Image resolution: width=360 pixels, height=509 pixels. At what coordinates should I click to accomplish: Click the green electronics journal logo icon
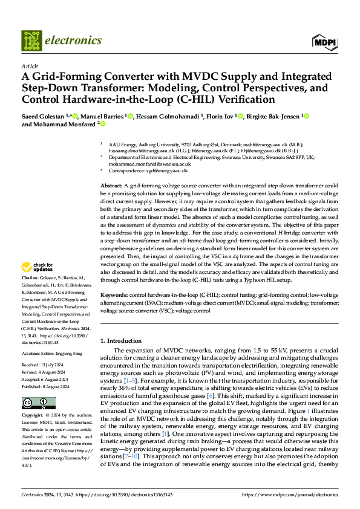tap(31, 41)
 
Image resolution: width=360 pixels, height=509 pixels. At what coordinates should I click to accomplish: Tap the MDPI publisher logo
tap(324, 42)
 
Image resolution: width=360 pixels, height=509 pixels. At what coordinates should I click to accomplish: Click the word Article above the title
tap(30, 66)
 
